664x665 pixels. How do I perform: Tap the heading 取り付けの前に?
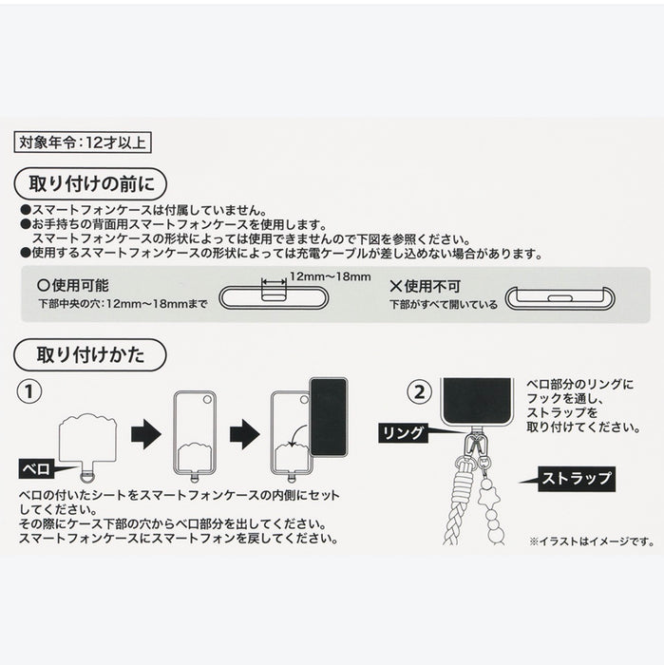coord(90,181)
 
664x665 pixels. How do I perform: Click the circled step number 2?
coord(418,391)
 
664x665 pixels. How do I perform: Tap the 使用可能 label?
coord(71,285)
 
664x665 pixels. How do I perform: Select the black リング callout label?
coord(404,431)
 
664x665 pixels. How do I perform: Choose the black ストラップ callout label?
coord(576,478)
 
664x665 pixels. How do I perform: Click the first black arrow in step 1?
coord(145,436)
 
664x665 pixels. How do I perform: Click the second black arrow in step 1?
coord(244,436)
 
